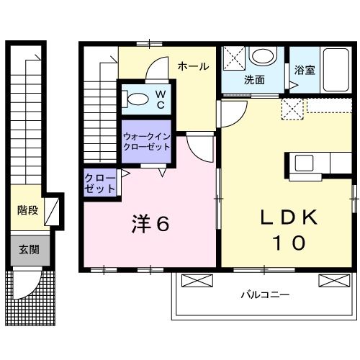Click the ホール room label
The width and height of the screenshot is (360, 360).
click(193, 66)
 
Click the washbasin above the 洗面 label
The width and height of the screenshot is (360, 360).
click(262, 56)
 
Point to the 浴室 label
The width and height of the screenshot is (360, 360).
click(305, 71)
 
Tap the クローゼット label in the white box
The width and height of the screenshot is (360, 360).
click(100, 184)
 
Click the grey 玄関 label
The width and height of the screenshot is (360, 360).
click(29, 251)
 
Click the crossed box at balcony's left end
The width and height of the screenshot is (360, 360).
click(194, 281)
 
